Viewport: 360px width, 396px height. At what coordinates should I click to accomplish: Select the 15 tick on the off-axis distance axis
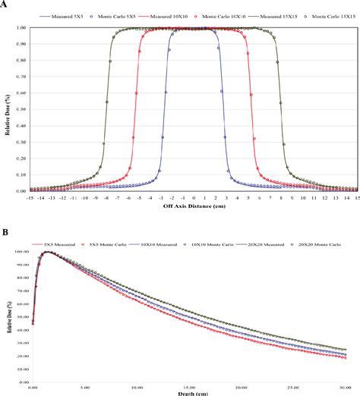(x=356, y=196)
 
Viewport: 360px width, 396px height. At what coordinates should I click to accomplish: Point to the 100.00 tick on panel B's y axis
(x=21, y=252)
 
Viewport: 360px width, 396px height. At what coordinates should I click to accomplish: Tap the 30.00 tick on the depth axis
(x=351, y=386)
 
